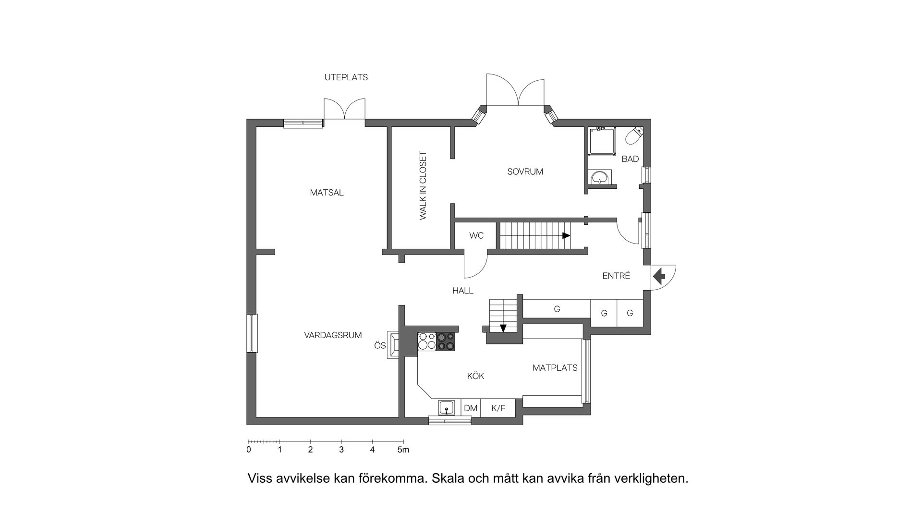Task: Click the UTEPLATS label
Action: (346, 77)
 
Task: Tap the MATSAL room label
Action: (327, 193)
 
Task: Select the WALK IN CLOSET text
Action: (423, 186)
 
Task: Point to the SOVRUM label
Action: (525, 171)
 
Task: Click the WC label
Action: (476, 236)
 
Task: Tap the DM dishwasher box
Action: (471, 408)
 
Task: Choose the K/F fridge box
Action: (498, 408)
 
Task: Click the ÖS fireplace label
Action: (380, 345)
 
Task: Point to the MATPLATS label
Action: (555, 368)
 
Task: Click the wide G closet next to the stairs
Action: (557, 309)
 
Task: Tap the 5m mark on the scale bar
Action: (403, 450)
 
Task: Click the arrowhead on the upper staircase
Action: (566, 236)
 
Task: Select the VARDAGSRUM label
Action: (333, 335)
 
